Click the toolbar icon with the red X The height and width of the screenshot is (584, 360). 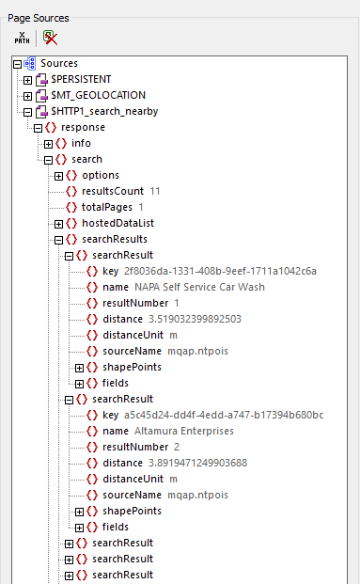coord(50,39)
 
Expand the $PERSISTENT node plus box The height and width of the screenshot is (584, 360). coord(28,79)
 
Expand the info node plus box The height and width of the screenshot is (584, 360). coord(49,143)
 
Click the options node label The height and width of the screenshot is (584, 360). coord(101,175)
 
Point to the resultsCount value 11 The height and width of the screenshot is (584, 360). coord(155,191)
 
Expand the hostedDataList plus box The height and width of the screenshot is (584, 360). coord(59,223)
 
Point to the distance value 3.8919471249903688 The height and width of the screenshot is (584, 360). coord(195,463)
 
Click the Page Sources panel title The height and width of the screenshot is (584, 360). coord(39,18)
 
